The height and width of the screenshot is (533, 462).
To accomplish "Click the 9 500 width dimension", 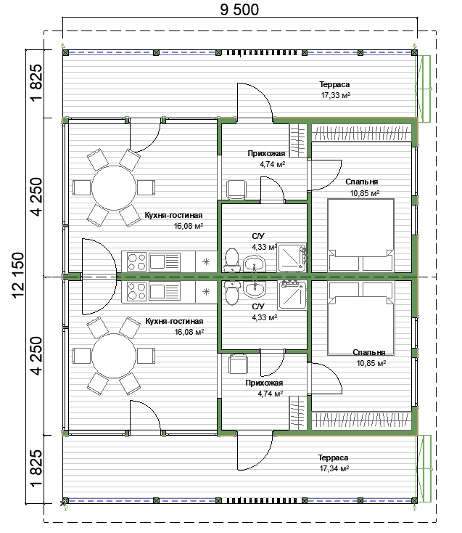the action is point(239,9).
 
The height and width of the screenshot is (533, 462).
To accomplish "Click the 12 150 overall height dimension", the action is point(18,275).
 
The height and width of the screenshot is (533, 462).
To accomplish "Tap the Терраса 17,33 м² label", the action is point(335,90).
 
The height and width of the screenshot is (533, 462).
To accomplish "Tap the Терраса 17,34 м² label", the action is point(334,463).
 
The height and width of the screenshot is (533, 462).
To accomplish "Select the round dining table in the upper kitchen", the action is point(114,187).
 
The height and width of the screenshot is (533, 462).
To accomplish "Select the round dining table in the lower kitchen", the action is point(114,356).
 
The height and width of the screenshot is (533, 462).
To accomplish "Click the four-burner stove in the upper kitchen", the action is point(136,261).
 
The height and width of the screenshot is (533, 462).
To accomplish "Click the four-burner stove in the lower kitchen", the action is point(136,292).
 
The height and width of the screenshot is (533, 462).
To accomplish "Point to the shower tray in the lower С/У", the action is point(292,295).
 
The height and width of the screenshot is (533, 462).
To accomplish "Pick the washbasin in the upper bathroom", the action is point(255,264).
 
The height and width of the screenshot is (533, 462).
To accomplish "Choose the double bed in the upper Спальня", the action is point(360,235).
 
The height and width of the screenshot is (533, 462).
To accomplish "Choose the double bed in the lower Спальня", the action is point(360,318).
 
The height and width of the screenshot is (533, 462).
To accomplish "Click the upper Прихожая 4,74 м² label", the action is point(266,159).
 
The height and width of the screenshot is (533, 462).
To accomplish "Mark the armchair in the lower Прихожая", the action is point(238,364).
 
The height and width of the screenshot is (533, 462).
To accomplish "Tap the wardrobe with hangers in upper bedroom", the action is point(361,133).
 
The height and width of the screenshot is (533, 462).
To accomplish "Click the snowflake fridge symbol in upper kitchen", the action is point(206,261).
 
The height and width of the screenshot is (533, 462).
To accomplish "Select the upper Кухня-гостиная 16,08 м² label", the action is point(174,220).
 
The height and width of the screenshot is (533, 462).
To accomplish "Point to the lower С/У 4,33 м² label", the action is point(265,312).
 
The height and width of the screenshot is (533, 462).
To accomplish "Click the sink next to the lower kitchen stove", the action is point(165,292).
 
